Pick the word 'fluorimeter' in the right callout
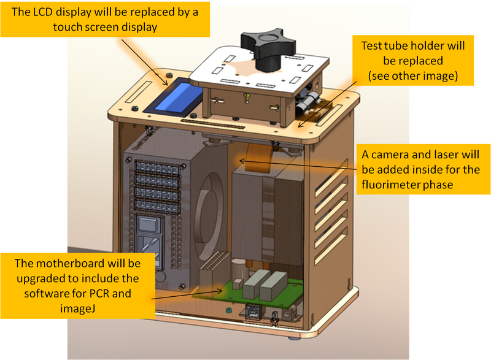click(x=397, y=185)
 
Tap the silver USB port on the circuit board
click(x=252, y=312)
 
